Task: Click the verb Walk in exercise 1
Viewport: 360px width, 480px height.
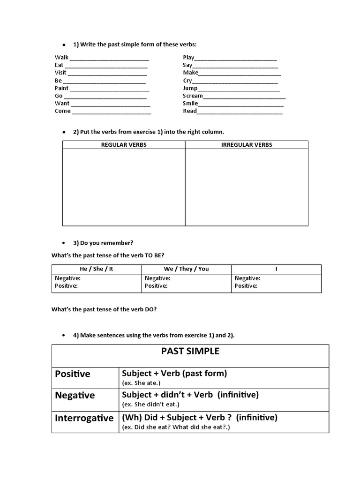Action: (61, 57)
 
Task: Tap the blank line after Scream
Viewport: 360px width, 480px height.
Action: (244, 96)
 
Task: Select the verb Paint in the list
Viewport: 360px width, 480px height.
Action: (61, 88)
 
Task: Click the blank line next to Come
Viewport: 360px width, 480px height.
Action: (111, 112)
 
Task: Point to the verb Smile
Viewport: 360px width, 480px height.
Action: (190, 104)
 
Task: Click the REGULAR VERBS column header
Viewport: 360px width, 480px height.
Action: (124, 145)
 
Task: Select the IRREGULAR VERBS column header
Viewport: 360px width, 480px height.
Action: (247, 145)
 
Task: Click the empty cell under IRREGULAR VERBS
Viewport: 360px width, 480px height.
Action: (247, 187)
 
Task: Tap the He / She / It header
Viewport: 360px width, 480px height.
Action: (97, 269)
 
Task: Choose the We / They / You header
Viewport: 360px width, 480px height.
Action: (187, 269)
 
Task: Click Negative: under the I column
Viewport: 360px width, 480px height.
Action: (247, 278)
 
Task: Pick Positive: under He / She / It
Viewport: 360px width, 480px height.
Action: (67, 286)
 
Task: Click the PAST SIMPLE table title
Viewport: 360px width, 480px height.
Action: (190, 352)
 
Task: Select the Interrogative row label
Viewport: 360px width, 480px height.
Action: (84, 418)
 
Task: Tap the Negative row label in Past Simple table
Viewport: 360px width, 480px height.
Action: (75, 396)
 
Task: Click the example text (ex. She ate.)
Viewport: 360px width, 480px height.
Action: (141, 383)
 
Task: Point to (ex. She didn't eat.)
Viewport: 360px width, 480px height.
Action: (151, 405)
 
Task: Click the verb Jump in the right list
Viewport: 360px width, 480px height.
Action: (190, 88)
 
